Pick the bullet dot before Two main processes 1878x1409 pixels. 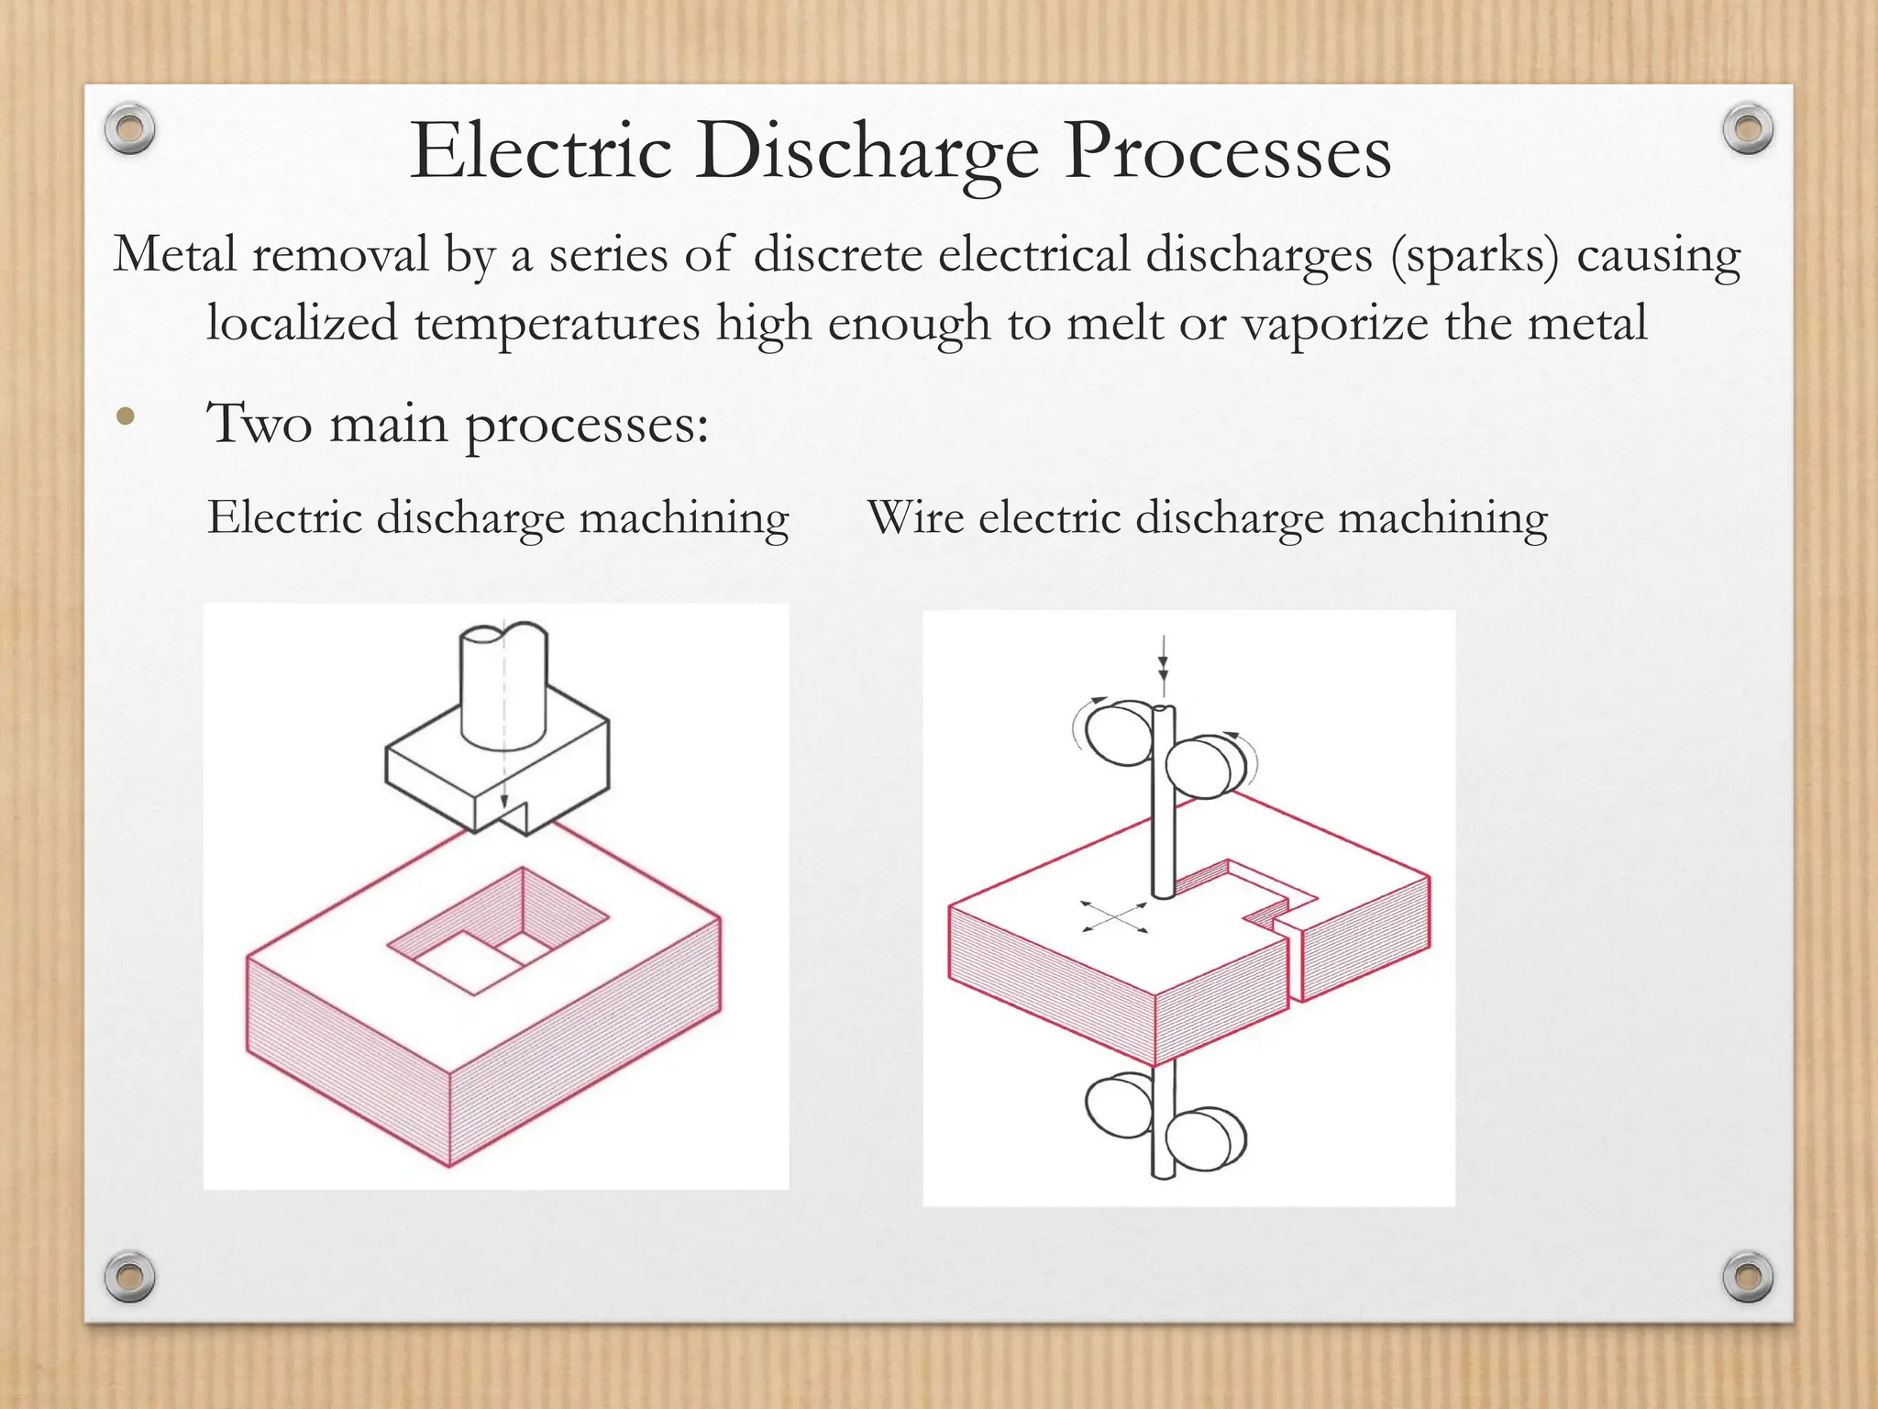click(x=126, y=418)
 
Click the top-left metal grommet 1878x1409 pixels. click(x=129, y=128)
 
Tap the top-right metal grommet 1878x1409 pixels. click(x=1747, y=128)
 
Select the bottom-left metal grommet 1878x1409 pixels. click(x=129, y=1276)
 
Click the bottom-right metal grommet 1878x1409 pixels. click(x=1747, y=1276)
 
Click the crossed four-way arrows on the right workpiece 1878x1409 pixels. click(x=1114, y=916)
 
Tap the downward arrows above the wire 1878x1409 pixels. click(x=1163, y=665)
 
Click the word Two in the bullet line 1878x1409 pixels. click(x=260, y=424)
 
